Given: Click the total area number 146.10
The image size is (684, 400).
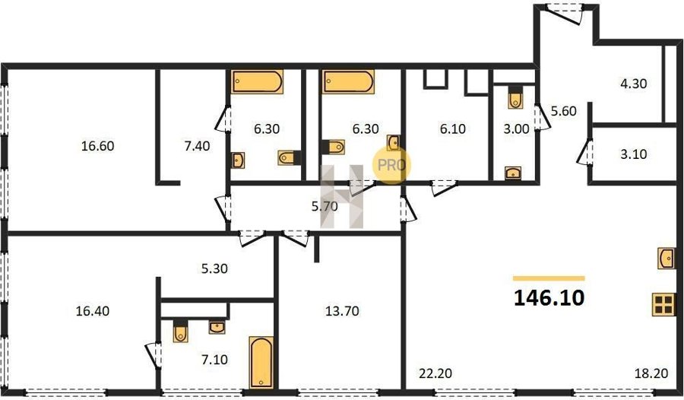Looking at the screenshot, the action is tap(549, 298).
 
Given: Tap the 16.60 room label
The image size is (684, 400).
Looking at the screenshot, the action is tap(98, 146).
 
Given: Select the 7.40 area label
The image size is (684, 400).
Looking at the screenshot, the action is tap(197, 146).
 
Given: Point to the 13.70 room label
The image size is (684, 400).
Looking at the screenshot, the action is tap(343, 311).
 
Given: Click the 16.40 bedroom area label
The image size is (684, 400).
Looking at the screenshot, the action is tap(93, 311).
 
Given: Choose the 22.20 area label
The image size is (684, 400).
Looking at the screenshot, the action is tap(435, 374).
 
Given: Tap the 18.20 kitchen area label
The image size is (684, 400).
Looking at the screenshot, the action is tap(651, 374).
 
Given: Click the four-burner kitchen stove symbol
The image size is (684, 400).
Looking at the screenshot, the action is tap(663, 304).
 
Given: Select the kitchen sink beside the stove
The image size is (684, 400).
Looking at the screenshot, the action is tap(667, 258).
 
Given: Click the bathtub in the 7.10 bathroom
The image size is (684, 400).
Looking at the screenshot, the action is tap(261, 362).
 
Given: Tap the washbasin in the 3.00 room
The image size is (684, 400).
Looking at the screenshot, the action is tap(513, 173).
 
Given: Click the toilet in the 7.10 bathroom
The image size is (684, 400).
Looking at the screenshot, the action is tap(181, 331).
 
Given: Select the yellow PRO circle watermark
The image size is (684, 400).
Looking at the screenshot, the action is tap(391, 165).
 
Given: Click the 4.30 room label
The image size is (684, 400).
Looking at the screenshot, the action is tap(633, 84).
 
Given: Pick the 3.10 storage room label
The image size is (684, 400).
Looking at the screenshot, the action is tap(633, 154).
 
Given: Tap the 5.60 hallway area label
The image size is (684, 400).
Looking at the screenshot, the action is tap(564, 111).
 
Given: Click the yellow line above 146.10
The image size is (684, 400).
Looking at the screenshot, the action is tap(549, 278).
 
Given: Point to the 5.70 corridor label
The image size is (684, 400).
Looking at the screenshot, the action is tap(325, 206).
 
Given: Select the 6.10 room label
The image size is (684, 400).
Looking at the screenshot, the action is tap(453, 129).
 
